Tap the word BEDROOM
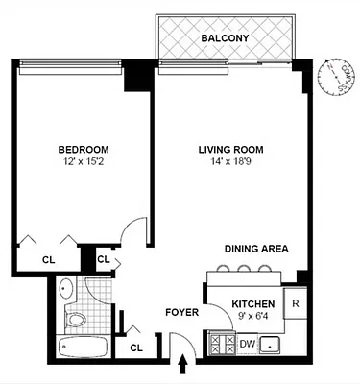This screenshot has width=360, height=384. [83, 150]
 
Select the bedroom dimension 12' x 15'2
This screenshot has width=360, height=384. [83, 164]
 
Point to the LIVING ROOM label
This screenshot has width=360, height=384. [230, 150]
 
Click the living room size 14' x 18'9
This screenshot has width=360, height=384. [230, 164]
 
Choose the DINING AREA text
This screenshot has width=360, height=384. [256, 249]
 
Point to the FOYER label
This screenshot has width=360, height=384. [181, 312]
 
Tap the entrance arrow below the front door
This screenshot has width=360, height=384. [183, 366]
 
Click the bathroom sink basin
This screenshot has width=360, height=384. [65, 288]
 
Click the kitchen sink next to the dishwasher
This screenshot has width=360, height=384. [277, 344]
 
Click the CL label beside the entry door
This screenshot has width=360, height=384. [135, 347]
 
